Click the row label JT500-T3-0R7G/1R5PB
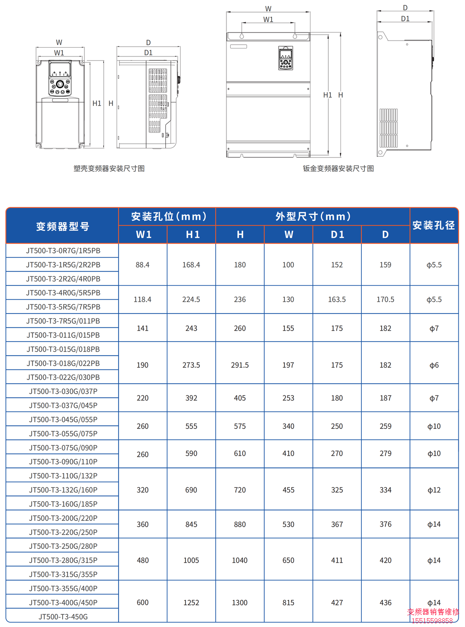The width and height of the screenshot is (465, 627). (63, 251)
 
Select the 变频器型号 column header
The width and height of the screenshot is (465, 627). (63, 226)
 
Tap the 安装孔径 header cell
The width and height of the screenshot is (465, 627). (434, 226)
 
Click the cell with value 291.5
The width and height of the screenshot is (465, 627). (240, 365)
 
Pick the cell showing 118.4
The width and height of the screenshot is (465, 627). (142, 299)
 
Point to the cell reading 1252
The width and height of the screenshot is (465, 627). (191, 602)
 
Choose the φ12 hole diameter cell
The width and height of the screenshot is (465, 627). (434, 490)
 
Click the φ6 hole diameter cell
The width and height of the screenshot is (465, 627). (434, 365)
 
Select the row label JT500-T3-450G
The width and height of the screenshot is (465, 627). (63, 617)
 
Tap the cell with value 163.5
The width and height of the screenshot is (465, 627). (337, 299)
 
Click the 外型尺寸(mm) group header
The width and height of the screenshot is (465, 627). (313, 217)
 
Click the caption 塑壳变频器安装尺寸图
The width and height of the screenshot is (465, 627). (109, 168)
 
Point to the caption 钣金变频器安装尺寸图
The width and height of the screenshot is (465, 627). (338, 168)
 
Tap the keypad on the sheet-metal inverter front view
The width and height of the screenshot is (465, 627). (286, 58)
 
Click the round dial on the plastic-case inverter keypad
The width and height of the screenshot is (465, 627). (60, 84)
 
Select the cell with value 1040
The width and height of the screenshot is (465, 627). (240, 560)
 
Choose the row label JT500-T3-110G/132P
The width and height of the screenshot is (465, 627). (63, 476)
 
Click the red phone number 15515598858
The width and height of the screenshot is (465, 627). (432, 621)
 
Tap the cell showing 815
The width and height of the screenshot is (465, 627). (288, 602)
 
